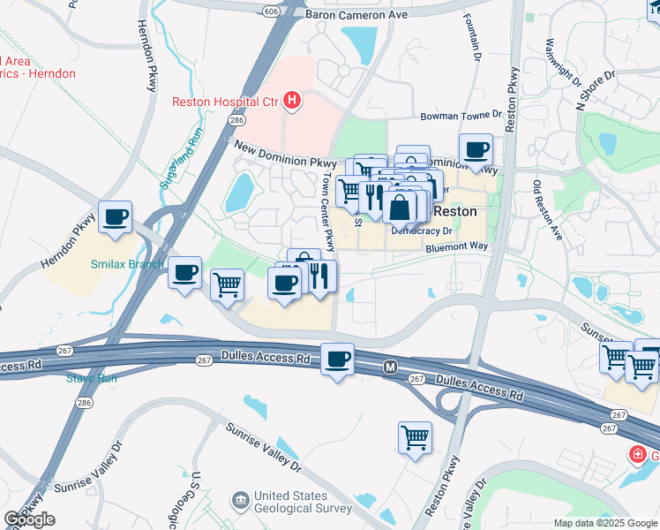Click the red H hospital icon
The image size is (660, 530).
(293, 102)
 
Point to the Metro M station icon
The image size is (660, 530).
(389, 367)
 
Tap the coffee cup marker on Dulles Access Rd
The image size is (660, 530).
(337, 360)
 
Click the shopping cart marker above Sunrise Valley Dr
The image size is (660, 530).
(415, 436)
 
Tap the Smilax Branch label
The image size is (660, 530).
(126, 263)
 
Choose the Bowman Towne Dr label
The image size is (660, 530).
(460, 116)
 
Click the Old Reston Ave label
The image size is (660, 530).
(547, 210)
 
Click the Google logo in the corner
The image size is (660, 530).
(29, 519)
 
